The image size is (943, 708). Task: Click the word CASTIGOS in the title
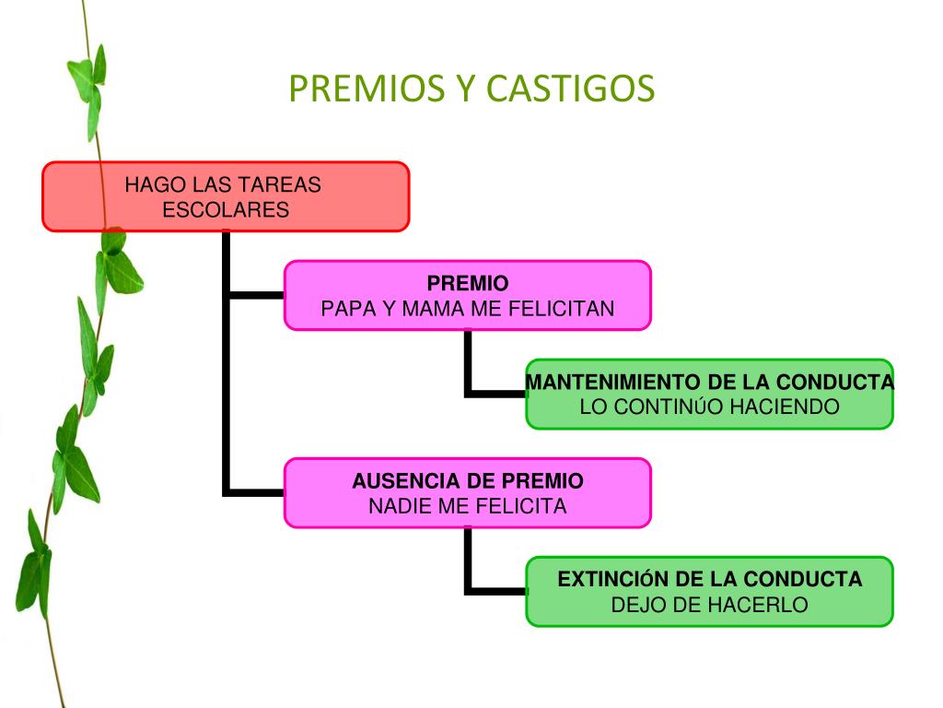[569, 88]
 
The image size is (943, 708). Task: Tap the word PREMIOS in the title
[367, 88]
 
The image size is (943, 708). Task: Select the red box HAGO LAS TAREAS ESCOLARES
[226, 196]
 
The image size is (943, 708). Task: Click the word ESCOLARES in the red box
[226, 209]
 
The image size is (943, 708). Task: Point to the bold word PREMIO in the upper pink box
[467, 283]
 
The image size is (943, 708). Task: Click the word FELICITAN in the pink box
[561, 308]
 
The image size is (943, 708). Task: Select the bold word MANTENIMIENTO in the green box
[613, 382]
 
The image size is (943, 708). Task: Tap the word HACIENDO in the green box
[785, 407]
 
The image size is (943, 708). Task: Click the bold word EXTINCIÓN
[613, 579]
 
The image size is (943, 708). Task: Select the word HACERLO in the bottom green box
[761, 605]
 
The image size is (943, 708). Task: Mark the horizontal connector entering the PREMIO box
[257, 295]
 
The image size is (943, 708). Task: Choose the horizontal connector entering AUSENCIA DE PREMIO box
[257, 493]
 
